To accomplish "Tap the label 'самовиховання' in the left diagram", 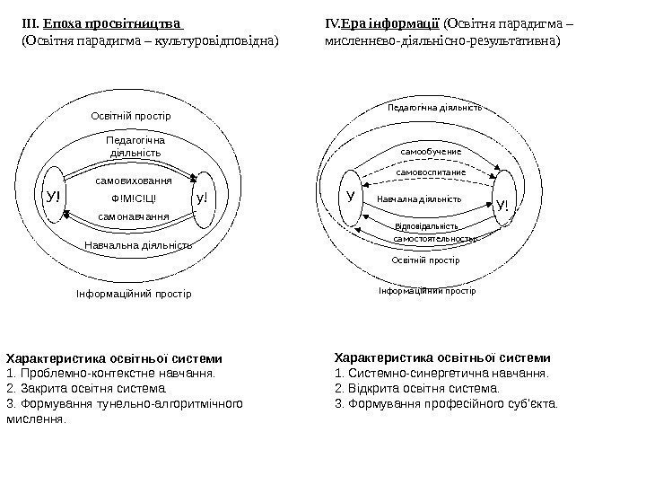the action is pyautogui.click(x=134, y=181).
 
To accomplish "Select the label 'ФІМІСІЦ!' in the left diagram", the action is pyautogui.click(x=133, y=198).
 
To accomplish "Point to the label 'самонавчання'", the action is pyautogui.click(x=133, y=216).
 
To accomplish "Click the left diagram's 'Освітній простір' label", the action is pyautogui.click(x=131, y=117).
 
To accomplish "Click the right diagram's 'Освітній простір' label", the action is pyautogui.click(x=425, y=260).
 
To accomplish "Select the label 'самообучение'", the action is pyautogui.click(x=430, y=154).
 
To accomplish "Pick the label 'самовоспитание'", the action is pyautogui.click(x=431, y=171).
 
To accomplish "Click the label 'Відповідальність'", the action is pyautogui.click(x=427, y=226).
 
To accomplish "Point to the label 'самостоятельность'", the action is pyautogui.click(x=434, y=240).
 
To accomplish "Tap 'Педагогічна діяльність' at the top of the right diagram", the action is pyautogui.click(x=434, y=107).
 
